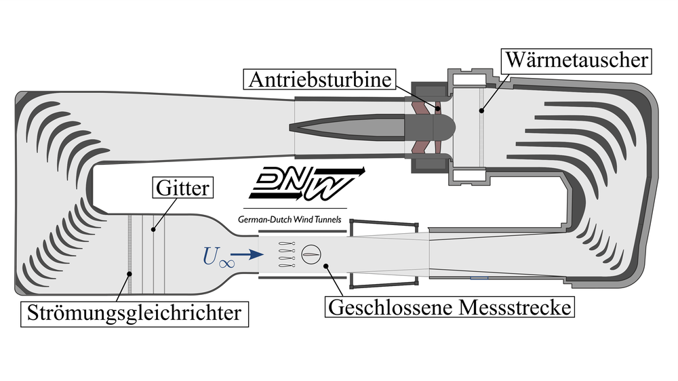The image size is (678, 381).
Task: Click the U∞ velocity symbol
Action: point(218,256)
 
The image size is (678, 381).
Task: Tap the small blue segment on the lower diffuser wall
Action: point(479,278)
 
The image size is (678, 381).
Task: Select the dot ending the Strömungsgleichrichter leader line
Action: point(129,273)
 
